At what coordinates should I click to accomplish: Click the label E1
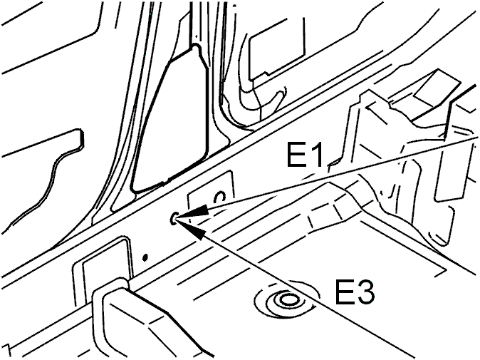pos(305,155)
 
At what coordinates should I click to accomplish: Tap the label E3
pos(355,292)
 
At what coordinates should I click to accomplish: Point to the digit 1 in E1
pos(317,155)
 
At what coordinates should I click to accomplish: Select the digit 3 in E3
pos(365,292)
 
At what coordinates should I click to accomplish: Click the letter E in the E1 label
pos(296,155)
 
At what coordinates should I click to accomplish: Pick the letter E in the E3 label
pos(345,292)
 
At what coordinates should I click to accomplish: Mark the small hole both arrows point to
pos(173,218)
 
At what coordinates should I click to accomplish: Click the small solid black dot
pos(145,257)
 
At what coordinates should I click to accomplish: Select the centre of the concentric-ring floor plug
pos(287,299)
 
